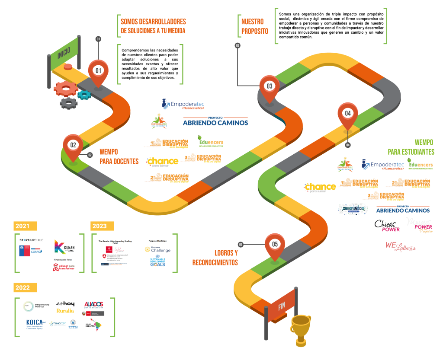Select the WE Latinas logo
[x=398, y=245]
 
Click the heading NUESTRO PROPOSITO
[x=255, y=26]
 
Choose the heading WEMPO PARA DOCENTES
[x=119, y=156]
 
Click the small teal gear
[x=84, y=94]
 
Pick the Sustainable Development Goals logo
[x=157, y=261]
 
